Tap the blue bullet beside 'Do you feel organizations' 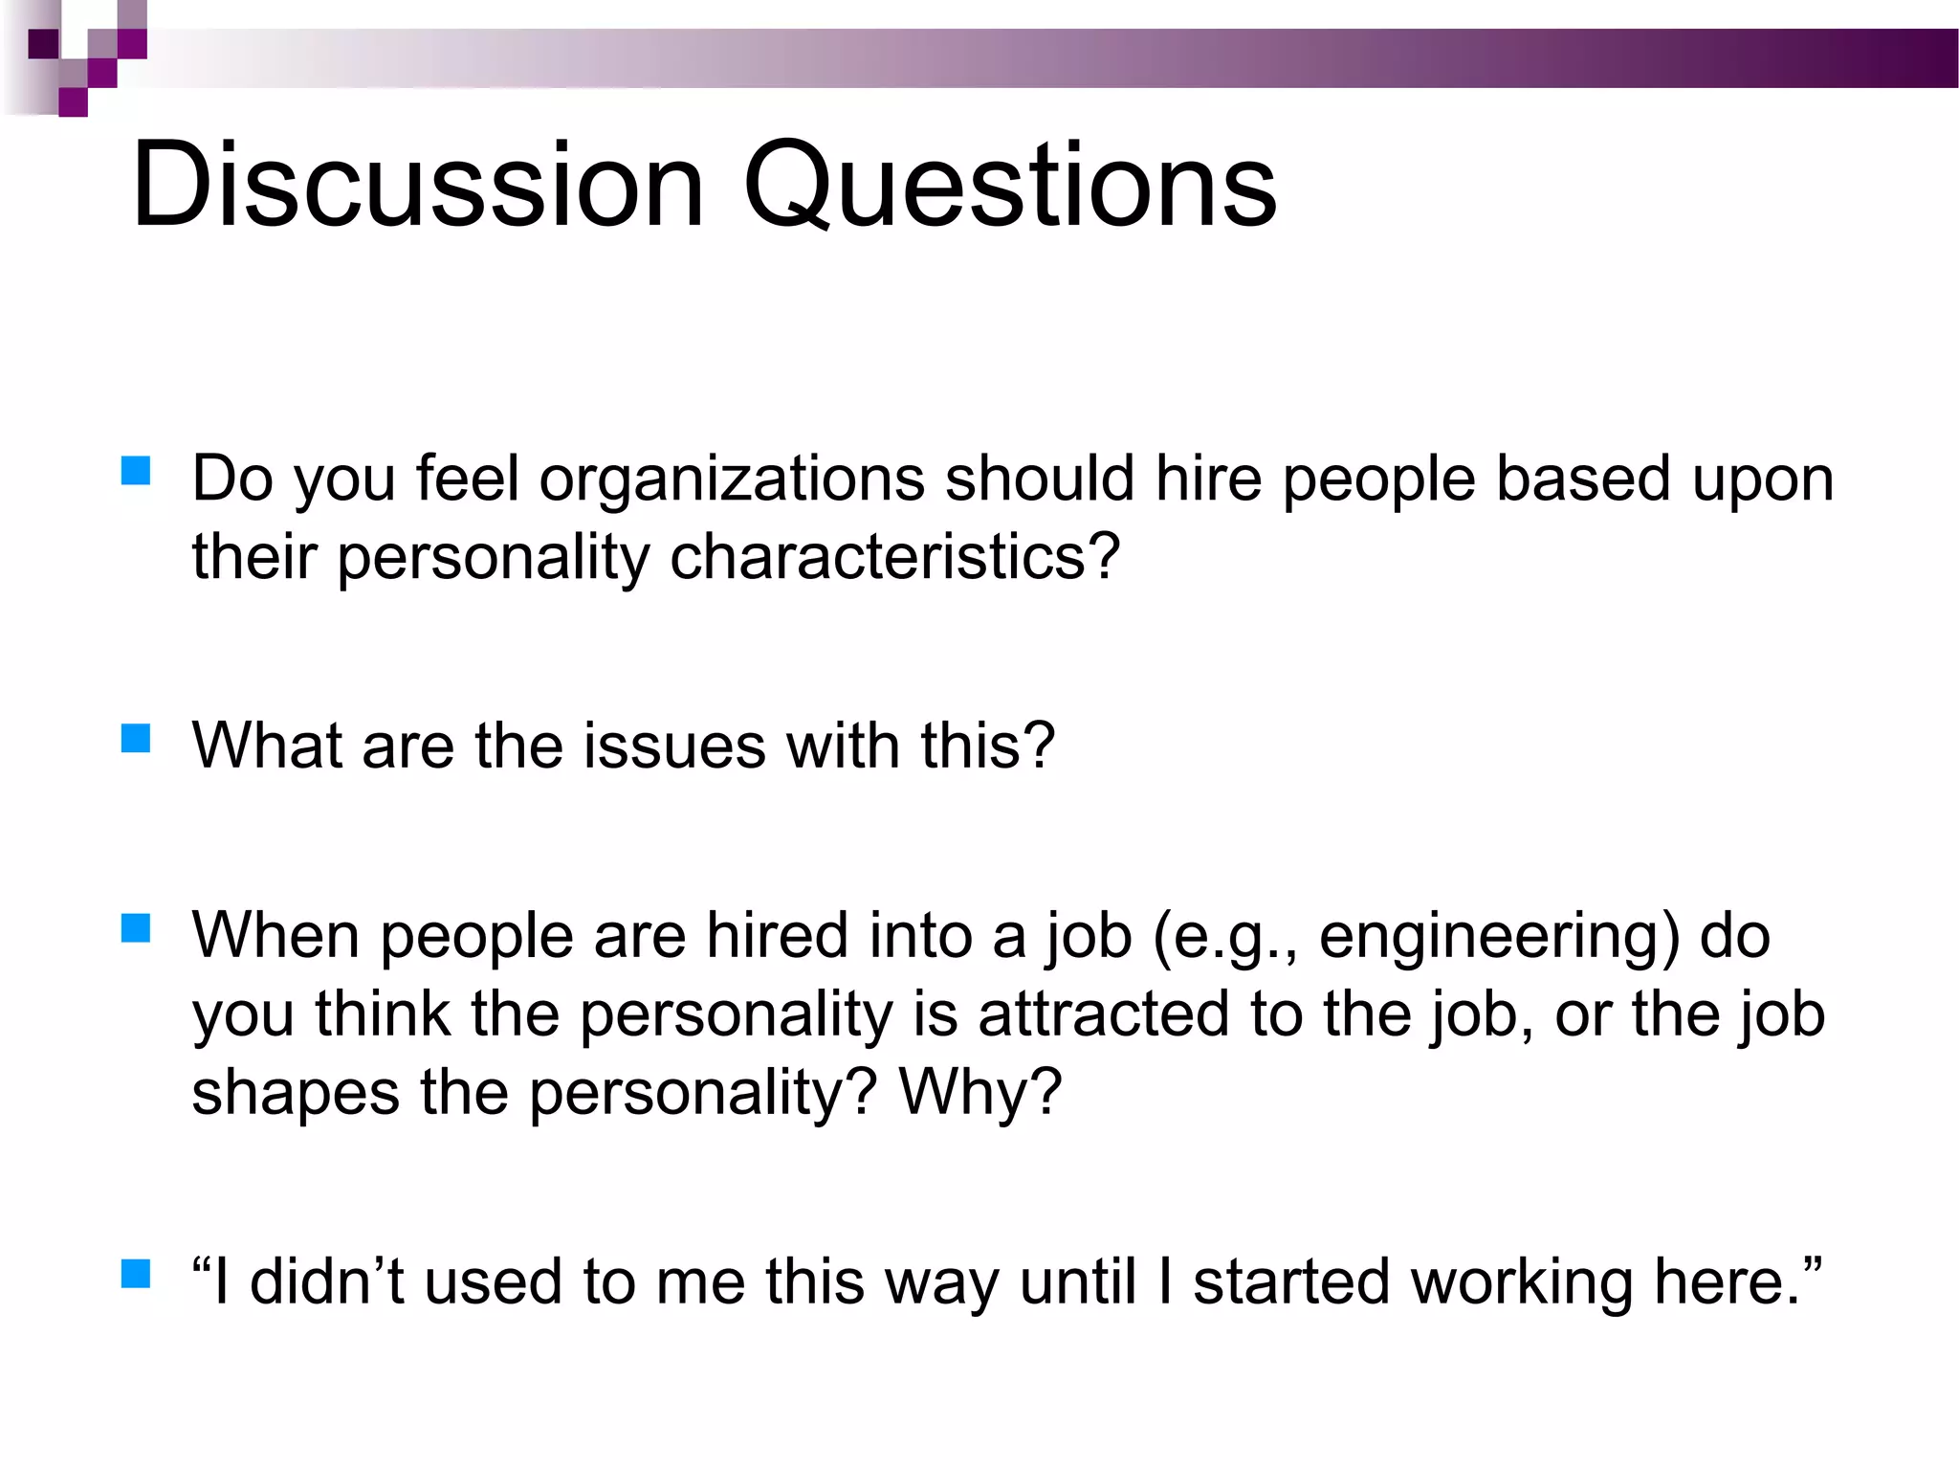point(137,472)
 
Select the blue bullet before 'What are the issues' point(137,739)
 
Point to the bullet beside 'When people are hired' point(137,928)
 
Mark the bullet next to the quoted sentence point(137,1275)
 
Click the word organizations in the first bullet point(732,479)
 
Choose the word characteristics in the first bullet point(894,557)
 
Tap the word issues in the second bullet point(674,746)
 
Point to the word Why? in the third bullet point(980,1092)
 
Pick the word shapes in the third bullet point(295,1092)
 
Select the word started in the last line point(1291,1281)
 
